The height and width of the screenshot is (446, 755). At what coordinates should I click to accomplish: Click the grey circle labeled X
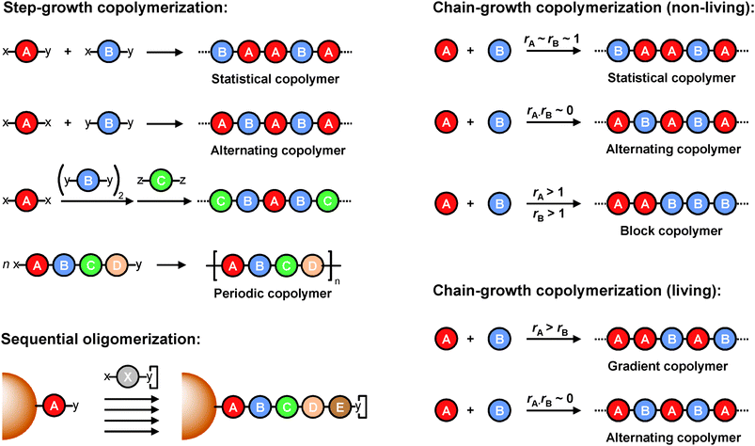point(130,376)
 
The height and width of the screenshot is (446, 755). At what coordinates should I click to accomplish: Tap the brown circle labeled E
point(334,406)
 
